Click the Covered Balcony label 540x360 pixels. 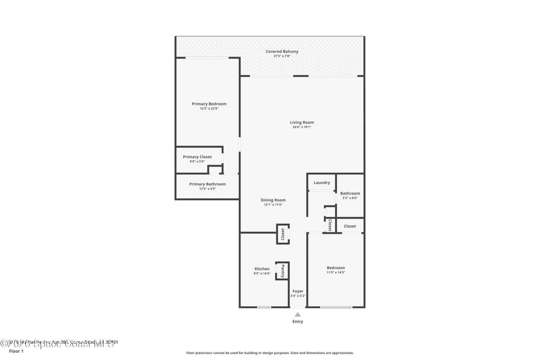coord(282,51)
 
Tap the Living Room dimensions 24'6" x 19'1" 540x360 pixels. coord(302,127)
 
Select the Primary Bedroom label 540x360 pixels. coord(209,104)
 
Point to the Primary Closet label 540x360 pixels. coord(197,157)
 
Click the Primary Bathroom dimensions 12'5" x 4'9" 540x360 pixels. coord(207,189)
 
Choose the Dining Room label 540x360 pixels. coord(273,200)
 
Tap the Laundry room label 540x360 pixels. coord(321,183)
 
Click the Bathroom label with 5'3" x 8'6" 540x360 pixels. coord(350,193)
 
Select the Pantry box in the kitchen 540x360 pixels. coord(282,271)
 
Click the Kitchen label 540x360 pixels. coord(262,269)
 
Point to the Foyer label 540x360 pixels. coord(297,291)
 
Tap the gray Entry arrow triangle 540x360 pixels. coord(297,314)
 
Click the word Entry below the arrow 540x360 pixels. coord(297,322)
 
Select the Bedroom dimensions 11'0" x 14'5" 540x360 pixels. coord(335,272)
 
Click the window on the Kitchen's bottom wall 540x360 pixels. coord(264,307)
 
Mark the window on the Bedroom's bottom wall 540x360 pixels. coord(336,307)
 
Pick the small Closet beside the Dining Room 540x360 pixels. coord(283,234)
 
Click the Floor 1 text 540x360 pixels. coord(16,351)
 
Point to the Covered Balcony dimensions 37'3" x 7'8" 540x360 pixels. coord(282,56)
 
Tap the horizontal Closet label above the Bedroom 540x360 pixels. coord(349,226)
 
